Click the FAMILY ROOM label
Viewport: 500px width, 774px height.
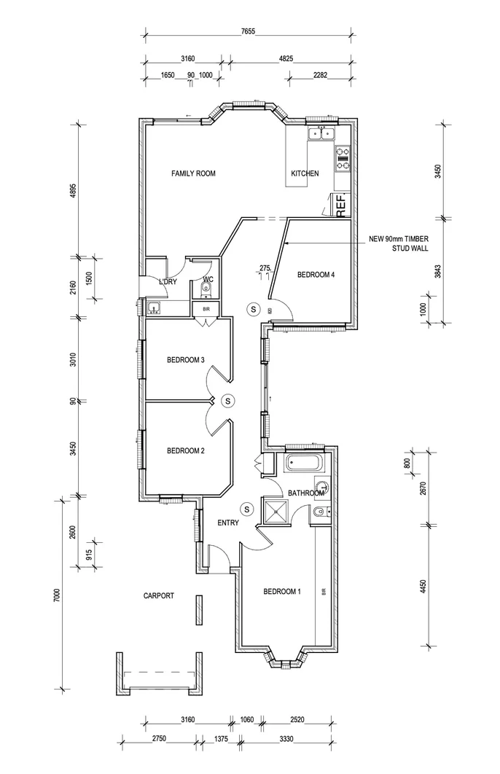(x=193, y=173)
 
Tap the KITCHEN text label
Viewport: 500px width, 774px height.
(x=305, y=173)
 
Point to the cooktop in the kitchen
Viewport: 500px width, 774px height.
(x=342, y=159)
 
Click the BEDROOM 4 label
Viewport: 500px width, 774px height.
(x=316, y=275)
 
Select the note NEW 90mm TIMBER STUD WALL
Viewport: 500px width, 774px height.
(x=398, y=243)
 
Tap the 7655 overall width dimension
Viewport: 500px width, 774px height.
(x=251, y=32)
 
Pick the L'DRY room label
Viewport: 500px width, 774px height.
(x=168, y=281)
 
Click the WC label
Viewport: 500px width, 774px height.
(x=208, y=279)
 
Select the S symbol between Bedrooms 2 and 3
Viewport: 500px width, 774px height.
(x=227, y=400)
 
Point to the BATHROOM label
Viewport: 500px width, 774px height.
(x=305, y=493)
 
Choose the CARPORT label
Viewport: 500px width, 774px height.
(x=158, y=595)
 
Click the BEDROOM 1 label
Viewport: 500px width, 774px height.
(x=281, y=591)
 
